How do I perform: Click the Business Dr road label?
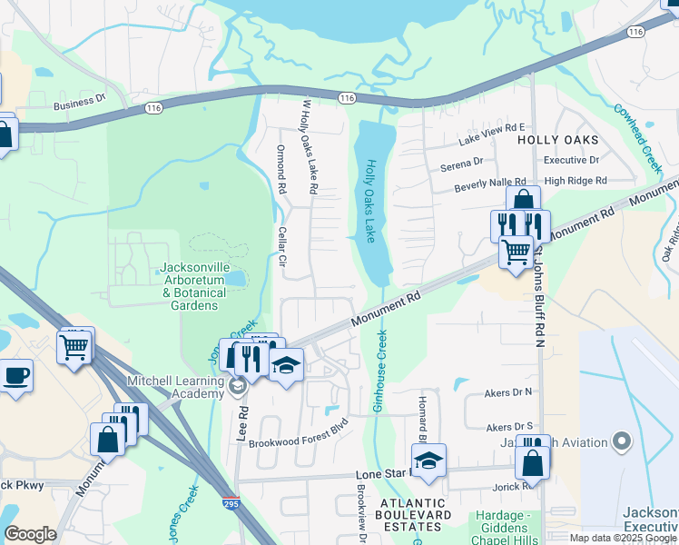[80, 105]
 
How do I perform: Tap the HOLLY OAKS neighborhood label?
[558, 140]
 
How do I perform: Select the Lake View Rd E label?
[492, 134]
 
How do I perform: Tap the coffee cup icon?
[15, 375]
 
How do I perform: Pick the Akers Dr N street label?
[509, 392]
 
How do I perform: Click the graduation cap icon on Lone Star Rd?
[429, 460]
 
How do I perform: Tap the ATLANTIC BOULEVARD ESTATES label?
[416, 509]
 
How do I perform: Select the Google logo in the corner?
[30, 534]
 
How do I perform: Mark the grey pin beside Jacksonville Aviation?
[622, 441]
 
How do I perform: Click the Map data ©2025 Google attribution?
[624, 538]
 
